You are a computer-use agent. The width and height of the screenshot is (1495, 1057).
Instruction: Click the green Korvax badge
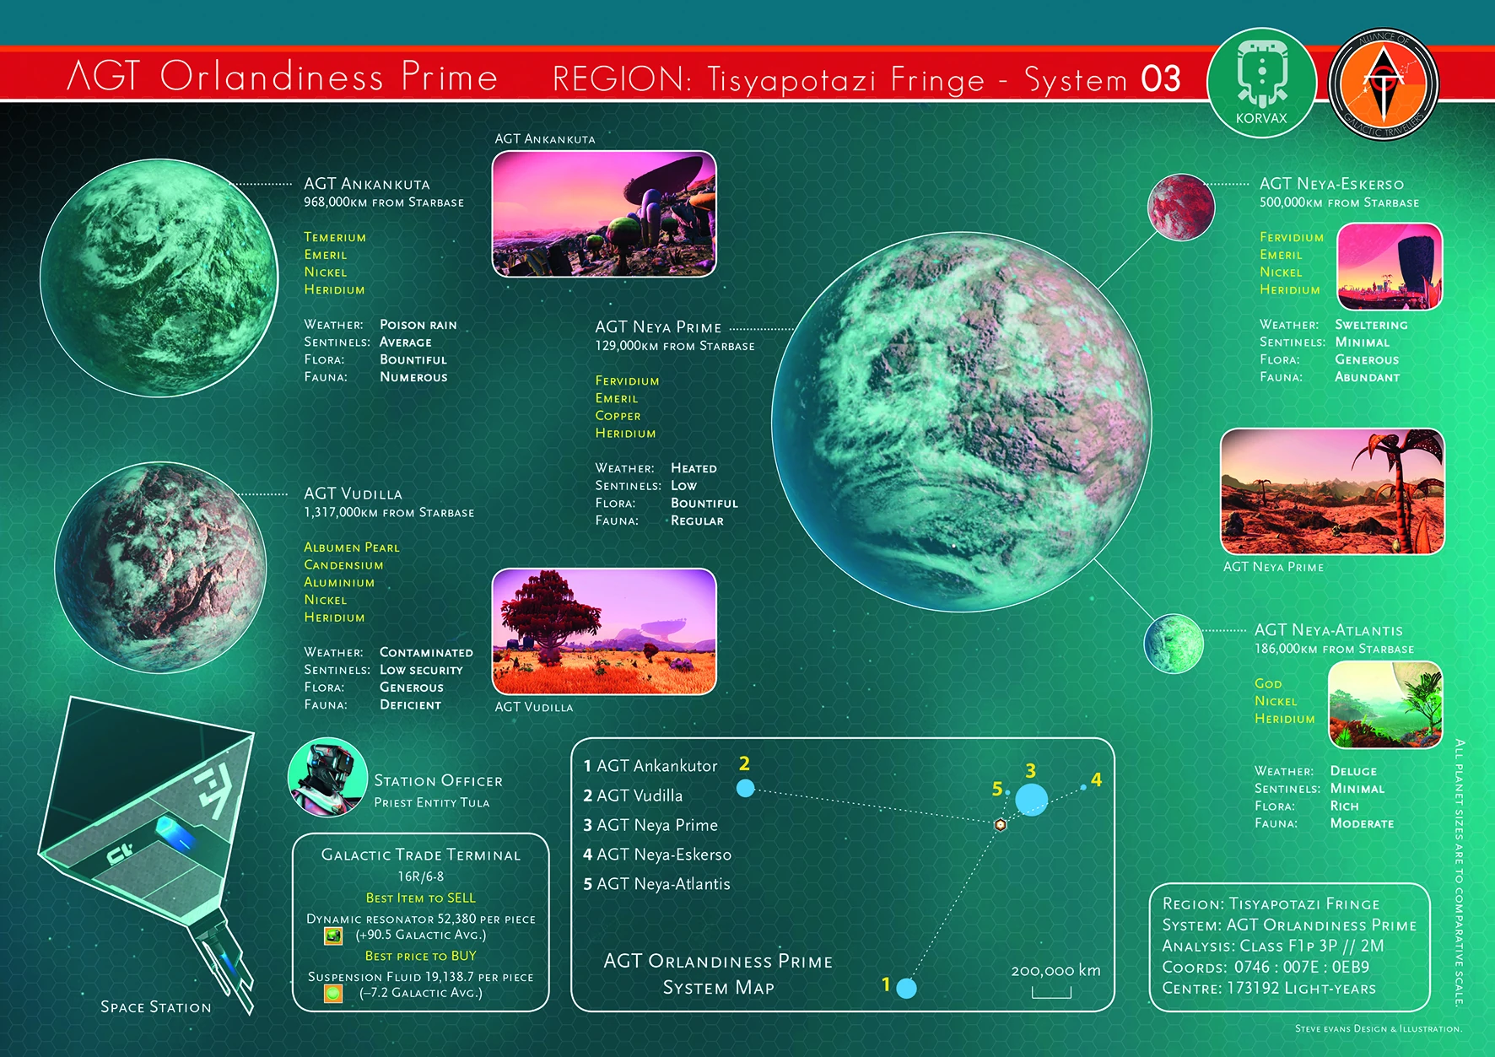[x=1261, y=83]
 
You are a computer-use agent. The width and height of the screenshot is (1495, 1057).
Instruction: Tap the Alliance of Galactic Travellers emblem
[x=1384, y=84]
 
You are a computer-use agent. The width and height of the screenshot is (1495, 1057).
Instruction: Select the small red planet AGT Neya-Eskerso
[x=1181, y=208]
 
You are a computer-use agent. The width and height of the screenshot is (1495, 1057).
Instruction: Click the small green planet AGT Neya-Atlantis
[x=1174, y=644]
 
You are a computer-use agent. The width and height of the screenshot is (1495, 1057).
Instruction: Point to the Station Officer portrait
[x=327, y=777]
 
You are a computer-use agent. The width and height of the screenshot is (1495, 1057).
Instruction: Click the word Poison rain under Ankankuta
[x=418, y=325]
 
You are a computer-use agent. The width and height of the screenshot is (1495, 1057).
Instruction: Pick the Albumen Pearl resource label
[x=352, y=547]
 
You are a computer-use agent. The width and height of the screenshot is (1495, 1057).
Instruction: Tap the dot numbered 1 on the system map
[x=907, y=988]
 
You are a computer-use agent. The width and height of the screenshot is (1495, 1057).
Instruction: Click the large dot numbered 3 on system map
[x=1031, y=799]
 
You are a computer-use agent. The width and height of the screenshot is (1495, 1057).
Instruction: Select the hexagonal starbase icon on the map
[x=1001, y=824]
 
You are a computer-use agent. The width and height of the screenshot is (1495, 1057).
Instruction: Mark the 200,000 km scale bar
[x=1051, y=993]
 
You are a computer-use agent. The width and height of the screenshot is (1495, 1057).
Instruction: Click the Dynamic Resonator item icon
[x=333, y=936]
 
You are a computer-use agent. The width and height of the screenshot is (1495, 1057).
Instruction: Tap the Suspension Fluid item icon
[x=333, y=994]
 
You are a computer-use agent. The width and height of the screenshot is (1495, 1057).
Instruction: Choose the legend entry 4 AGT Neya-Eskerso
[x=657, y=855]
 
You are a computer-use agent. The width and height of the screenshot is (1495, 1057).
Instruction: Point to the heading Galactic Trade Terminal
[x=421, y=855]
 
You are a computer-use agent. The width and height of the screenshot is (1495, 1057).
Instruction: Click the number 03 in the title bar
[x=1161, y=79]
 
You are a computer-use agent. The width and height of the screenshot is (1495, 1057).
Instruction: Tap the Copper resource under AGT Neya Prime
[x=618, y=416]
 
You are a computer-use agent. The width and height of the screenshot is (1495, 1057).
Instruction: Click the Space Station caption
[x=156, y=1007]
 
